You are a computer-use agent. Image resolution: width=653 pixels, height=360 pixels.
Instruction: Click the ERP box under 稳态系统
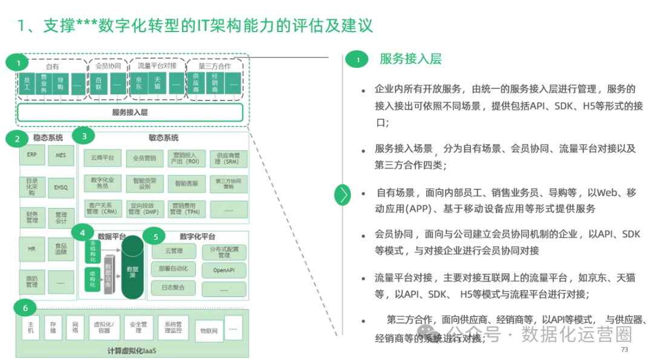(32, 155)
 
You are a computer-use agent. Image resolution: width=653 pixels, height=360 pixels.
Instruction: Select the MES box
(60, 155)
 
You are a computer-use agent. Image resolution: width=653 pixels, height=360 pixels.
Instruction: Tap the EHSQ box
(60, 188)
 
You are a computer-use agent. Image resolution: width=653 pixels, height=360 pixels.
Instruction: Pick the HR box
(32, 249)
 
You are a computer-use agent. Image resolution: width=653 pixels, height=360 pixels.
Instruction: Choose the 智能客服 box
(187, 183)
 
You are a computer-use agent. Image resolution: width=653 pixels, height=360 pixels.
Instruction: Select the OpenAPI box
(224, 269)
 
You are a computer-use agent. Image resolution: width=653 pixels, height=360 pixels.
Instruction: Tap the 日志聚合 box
(173, 288)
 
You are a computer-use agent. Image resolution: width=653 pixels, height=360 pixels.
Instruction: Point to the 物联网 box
(209, 331)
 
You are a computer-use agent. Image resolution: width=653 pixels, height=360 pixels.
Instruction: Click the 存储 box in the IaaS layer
(53, 328)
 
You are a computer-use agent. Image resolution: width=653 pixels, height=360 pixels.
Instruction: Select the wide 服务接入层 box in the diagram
(130, 113)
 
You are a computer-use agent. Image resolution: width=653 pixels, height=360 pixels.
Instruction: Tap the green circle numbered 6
(25, 309)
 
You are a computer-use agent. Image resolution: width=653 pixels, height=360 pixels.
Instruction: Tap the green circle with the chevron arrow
(343, 194)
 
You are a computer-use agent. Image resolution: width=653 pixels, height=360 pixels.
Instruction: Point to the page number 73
(625, 350)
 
